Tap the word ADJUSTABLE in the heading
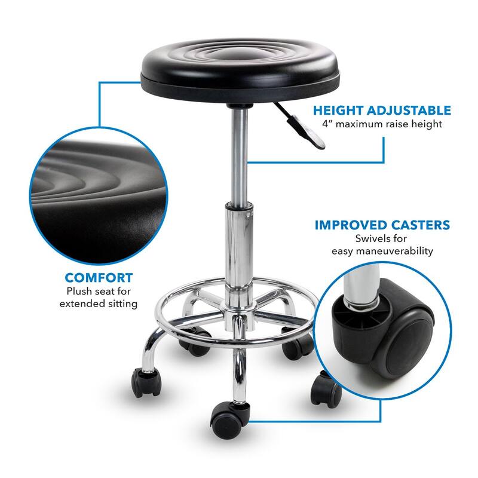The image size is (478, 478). pyautogui.click(x=412, y=111)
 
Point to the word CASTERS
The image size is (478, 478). pyautogui.click(x=421, y=225)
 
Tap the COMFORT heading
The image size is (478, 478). pyautogui.click(x=99, y=278)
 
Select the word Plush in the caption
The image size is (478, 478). pyautogui.click(x=80, y=292)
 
